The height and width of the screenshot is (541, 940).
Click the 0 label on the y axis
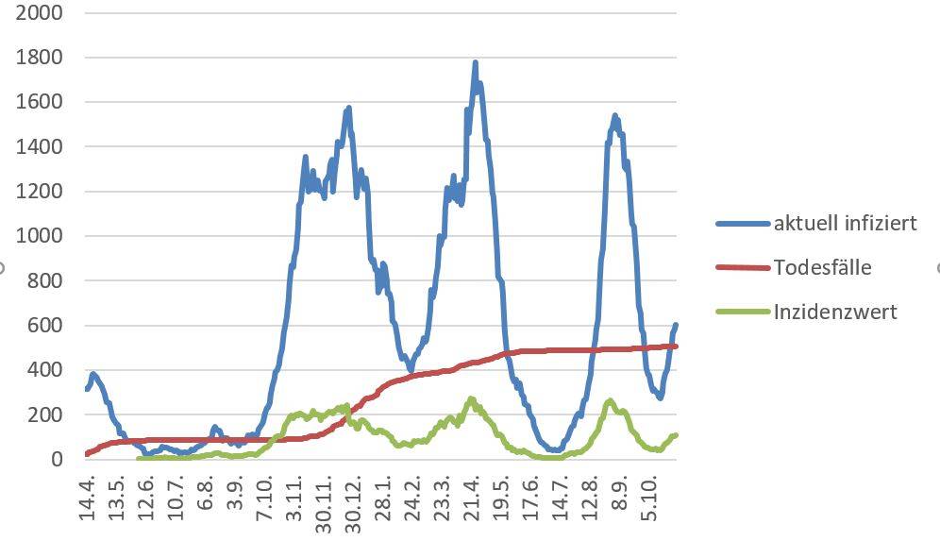[x=58, y=460]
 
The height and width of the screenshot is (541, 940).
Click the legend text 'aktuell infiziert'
[x=845, y=224]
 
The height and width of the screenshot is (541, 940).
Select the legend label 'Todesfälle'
[x=822, y=267]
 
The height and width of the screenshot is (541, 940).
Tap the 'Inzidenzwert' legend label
[x=835, y=311]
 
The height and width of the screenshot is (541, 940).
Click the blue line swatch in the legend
[x=743, y=224]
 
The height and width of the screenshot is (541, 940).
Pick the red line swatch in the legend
[x=743, y=267]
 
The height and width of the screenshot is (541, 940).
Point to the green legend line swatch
[x=743, y=311]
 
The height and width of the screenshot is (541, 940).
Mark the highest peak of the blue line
[x=475, y=63]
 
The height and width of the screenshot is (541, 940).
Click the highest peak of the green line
[x=471, y=399]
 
